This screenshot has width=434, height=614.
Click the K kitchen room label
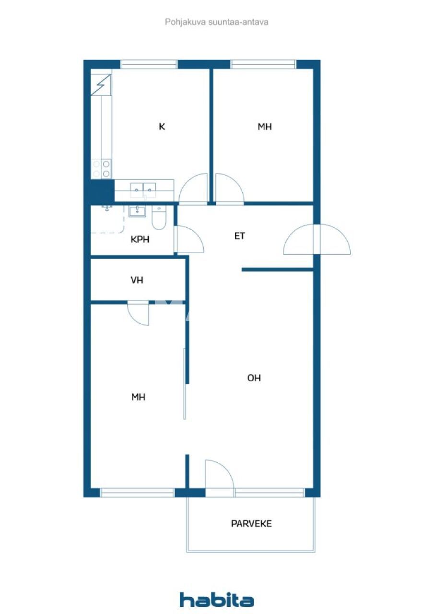pyautogui.click(x=162, y=127)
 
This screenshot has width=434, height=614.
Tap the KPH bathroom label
pyautogui.click(x=140, y=239)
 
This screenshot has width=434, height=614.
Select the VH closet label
pyautogui.click(x=137, y=281)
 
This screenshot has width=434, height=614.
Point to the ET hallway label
pyautogui.click(x=240, y=236)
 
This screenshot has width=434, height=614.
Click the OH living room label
pyautogui.click(x=254, y=378)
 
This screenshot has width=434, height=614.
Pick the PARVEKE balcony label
pyautogui.click(x=251, y=523)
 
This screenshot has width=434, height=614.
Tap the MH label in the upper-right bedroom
pyautogui.click(x=265, y=127)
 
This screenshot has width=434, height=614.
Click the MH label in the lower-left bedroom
pyautogui.click(x=139, y=397)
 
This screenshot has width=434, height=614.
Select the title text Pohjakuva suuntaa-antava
pyautogui.click(x=217, y=22)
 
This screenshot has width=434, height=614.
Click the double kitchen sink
pyautogui.click(x=143, y=190)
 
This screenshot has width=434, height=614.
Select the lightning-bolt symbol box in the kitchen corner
pyautogui.click(x=101, y=84)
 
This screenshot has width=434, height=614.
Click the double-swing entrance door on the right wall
pyautogui.click(x=317, y=239)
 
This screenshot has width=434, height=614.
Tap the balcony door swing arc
pyautogui.click(x=219, y=475)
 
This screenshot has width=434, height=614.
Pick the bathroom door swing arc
pyautogui.click(x=189, y=239)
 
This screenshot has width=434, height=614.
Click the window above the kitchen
pyautogui.click(x=149, y=64)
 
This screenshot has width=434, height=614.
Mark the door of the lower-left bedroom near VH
pyautogui.click(x=139, y=314)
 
